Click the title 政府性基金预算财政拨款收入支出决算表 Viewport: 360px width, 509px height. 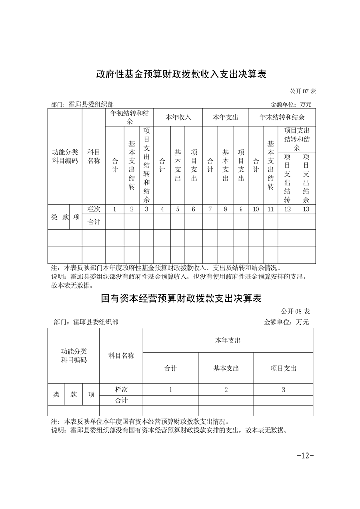click(180, 74)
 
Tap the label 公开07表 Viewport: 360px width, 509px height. click(301, 91)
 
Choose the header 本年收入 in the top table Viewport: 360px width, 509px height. click(178, 117)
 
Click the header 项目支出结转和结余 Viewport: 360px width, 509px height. click(296, 139)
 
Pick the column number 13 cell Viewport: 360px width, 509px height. click(306, 209)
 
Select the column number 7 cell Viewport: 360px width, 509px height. click(210, 209)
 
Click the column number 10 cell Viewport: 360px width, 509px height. click(256, 209)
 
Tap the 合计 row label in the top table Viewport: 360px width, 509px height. click(94, 222)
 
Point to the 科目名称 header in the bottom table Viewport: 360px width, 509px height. click(121, 356)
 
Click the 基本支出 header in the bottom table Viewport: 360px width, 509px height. click(226, 368)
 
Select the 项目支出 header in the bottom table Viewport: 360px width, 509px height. click(283, 368)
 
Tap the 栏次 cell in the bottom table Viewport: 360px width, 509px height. click(121, 389)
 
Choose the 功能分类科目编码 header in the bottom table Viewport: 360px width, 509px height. click(74, 356)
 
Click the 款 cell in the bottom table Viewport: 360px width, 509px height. click(74, 395)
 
